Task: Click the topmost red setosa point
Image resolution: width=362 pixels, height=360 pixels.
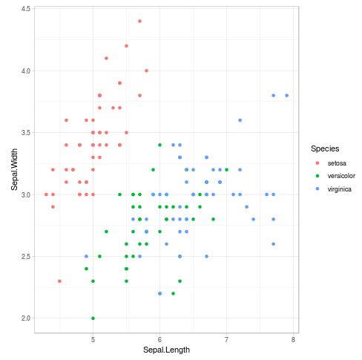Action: pos(139,21)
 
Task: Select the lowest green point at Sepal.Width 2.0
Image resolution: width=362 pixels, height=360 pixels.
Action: pos(93,318)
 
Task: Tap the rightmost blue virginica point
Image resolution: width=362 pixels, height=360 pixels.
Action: pos(287,95)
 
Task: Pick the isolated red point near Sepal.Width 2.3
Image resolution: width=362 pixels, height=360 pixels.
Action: pos(59,281)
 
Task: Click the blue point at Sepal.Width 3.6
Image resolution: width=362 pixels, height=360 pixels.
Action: pos(240,120)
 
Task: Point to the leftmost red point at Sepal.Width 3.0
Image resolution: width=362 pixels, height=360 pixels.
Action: pos(46,194)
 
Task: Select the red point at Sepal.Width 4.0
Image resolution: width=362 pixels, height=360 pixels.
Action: pos(146,71)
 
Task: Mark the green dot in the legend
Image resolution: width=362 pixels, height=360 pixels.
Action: pos(317,176)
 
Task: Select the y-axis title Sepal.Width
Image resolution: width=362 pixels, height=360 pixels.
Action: pos(14,170)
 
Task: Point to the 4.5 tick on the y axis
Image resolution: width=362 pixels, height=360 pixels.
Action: pos(25,9)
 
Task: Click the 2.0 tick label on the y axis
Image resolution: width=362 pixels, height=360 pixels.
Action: pos(25,318)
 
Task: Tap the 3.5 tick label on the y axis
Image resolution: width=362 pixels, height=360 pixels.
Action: pos(25,132)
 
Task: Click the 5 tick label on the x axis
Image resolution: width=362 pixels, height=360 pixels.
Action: pos(93,340)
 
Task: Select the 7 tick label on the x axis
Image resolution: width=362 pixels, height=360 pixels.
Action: pos(226,340)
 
